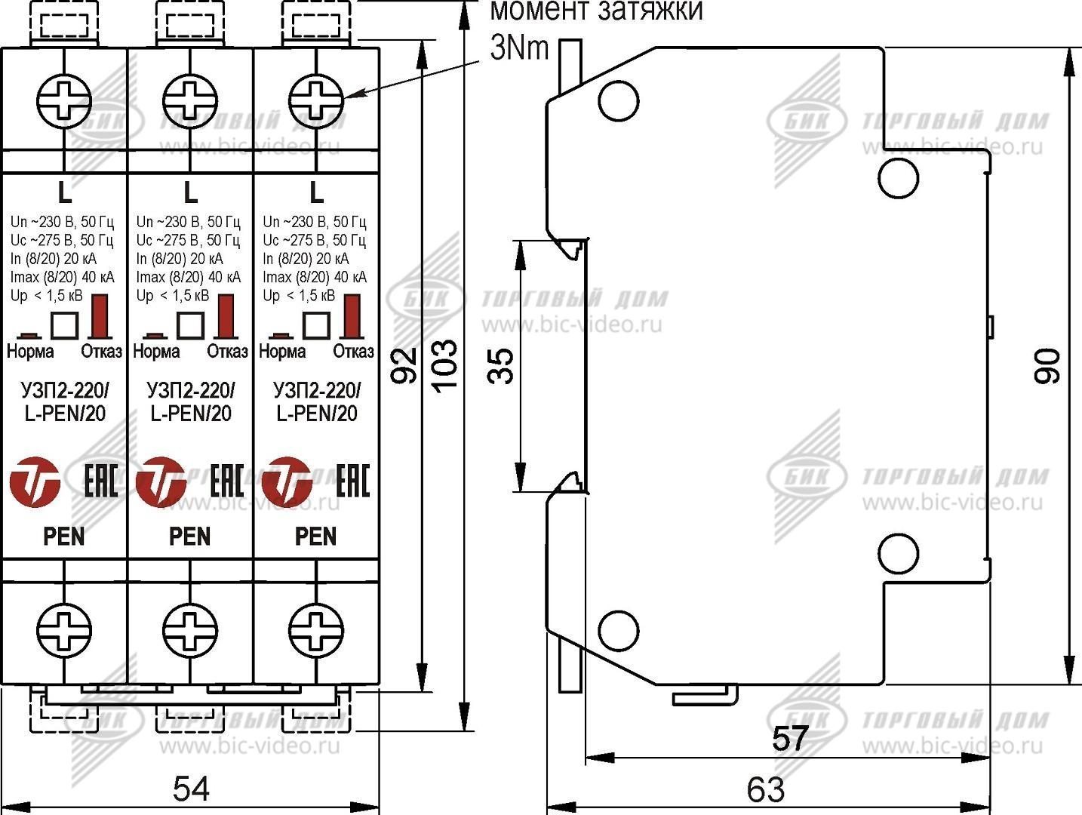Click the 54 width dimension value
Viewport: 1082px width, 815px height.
click(x=191, y=789)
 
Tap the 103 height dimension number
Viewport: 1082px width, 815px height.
click(x=444, y=364)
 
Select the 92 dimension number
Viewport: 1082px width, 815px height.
click(x=404, y=365)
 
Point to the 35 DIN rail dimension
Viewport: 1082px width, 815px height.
click(x=501, y=365)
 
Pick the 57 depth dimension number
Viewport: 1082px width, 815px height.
click(x=789, y=737)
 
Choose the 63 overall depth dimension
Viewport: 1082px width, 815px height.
click(x=765, y=789)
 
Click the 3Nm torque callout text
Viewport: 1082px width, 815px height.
click(x=520, y=48)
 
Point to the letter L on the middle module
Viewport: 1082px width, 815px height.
click(x=190, y=193)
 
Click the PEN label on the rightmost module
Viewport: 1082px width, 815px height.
click(x=316, y=537)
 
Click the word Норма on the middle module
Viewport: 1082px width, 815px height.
click(x=156, y=352)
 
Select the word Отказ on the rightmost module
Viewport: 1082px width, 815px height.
click(x=353, y=352)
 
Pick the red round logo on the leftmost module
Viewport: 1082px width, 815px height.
click(x=35, y=481)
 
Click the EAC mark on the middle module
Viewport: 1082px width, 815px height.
click(x=226, y=481)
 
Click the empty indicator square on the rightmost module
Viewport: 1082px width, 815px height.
click(x=316, y=325)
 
